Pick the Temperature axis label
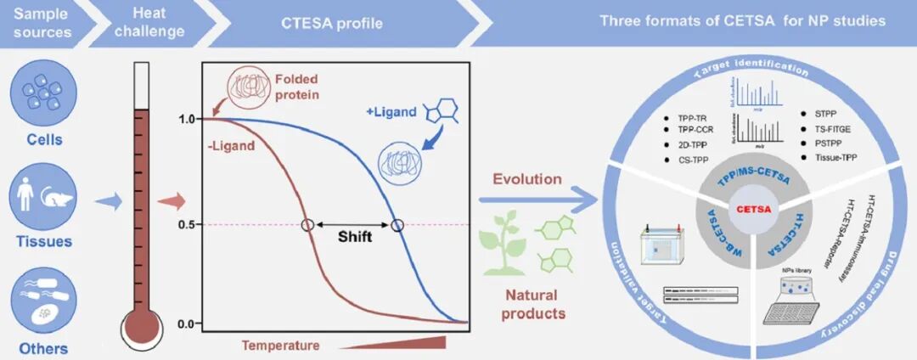pos(281,345)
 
